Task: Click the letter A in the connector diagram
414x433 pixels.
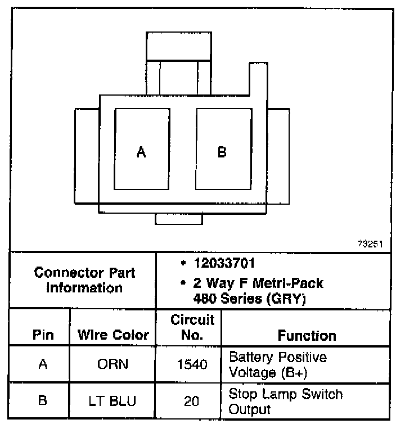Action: [141, 152]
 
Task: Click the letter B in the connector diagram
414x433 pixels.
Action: [222, 152]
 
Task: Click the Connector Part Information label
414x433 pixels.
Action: [84, 280]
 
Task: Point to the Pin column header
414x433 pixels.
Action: [43, 336]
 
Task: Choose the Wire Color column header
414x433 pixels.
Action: [113, 336]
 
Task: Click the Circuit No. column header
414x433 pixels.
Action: [192, 328]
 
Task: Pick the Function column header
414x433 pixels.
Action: [307, 336]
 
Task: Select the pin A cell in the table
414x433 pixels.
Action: [43, 364]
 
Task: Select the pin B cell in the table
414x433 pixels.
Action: [43, 401]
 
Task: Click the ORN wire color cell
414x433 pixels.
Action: [113, 364]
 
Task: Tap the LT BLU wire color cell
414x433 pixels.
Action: [113, 401]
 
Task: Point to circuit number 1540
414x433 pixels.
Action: [192, 364]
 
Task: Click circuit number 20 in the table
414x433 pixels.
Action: [192, 401]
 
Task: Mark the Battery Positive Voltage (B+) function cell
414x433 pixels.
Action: [278, 364]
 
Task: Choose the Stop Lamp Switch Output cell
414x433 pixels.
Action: [285, 401]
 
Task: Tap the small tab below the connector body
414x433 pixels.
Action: [179, 219]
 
